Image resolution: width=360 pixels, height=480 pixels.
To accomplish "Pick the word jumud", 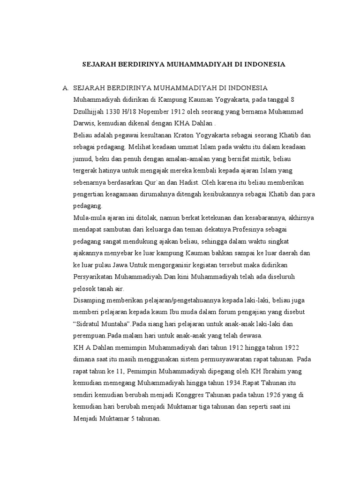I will (83, 159).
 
